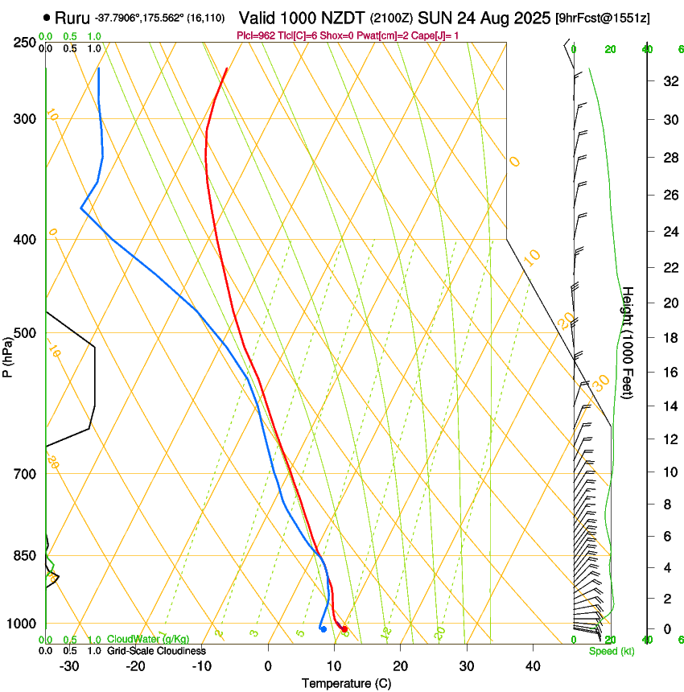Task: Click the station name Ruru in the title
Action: (71, 17)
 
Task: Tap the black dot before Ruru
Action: (47, 17)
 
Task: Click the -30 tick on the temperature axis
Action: (69, 666)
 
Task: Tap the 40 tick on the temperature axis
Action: (532, 666)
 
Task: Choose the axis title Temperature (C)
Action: (346, 683)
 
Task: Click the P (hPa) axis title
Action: (7, 353)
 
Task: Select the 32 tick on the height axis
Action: (668, 81)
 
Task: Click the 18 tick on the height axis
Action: (668, 338)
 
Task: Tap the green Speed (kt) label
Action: (611, 651)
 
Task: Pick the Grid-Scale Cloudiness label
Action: (156, 651)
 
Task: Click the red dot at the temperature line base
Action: (344, 628)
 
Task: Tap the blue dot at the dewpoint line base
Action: (323, 628)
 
